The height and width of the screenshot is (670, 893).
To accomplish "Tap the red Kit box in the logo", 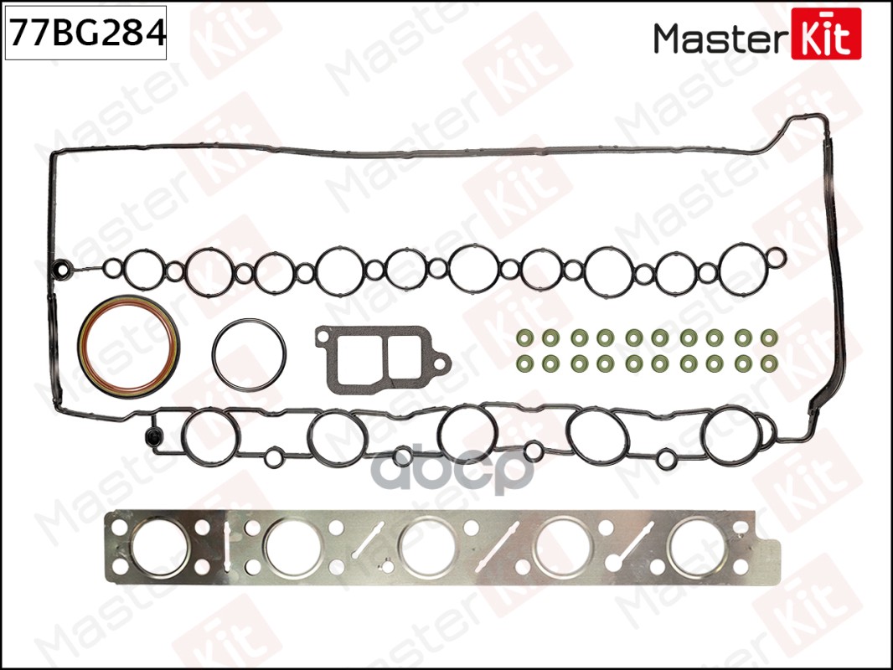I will coord(825,34).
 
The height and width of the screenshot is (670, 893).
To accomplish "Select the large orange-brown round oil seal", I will coord(128,345).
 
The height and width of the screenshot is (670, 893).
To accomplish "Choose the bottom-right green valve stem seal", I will coord(768,365).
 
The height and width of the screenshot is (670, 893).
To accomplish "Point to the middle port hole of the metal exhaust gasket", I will coord(427,547).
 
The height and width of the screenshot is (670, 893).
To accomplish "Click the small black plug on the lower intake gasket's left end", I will coord(152,436).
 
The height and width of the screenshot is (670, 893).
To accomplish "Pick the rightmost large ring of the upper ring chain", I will coord(742,268).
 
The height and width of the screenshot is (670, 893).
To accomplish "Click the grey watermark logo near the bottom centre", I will coord(452,471).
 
